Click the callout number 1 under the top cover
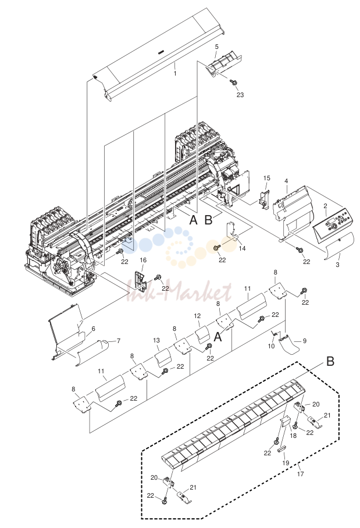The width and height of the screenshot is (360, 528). (x=175, y=73)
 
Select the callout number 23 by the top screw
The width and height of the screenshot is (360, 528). (x=240, y=95)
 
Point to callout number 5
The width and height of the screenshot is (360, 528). (x=216, y=47)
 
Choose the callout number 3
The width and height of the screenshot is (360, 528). (x=337, y=265)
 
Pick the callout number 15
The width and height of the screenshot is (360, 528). (x=267, y=178)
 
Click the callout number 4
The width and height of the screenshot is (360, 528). (x=286, y=181)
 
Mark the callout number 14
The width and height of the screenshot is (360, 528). (x=242, y=248)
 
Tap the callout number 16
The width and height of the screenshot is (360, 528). (x=143, y=260)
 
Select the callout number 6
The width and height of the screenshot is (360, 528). (x=93, y=329)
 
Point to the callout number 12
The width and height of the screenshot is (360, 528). (x=197, y=316)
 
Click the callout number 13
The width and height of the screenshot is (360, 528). (x=156, y=340)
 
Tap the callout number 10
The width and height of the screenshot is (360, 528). (x=271, y=346)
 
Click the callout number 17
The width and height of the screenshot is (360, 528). (x=301, y=474)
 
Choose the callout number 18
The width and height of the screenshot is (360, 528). (x=293, y=436)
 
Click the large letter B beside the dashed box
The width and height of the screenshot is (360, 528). (x=330, y=361)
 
